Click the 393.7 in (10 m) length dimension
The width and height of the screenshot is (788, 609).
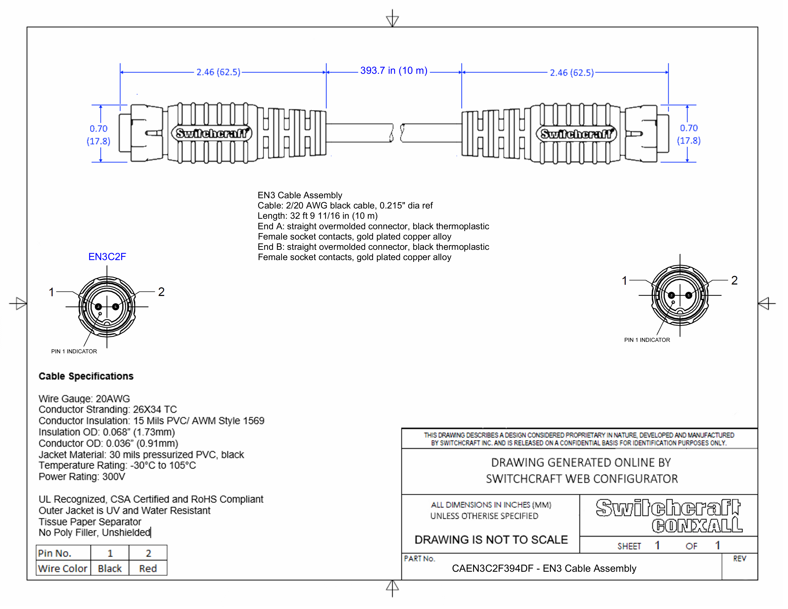point(394,71)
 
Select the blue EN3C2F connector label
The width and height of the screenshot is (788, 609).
point(107,257)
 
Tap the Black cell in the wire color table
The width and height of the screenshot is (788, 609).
point(110,569)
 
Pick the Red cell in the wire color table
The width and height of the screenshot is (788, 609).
point(148,569)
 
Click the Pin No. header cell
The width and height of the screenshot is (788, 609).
point(55,553)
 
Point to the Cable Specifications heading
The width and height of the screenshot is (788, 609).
point(86,376)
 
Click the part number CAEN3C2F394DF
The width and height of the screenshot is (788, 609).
point(492,569)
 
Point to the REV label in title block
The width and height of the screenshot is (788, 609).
point(739,559)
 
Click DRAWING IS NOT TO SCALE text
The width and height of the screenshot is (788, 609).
point(491,540)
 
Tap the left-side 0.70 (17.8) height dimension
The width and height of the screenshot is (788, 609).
point(98,134)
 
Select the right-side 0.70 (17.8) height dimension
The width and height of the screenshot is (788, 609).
point(689,134)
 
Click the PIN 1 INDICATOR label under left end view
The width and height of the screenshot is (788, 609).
point(74,351)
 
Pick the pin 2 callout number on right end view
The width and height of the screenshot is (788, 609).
point(734,280)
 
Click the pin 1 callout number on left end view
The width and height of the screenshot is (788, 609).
point(52,292)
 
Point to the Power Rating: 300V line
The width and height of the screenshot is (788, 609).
point(82,477)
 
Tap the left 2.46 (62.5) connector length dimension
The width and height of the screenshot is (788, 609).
point(218,72)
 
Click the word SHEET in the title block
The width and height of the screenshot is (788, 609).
point(629,546)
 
